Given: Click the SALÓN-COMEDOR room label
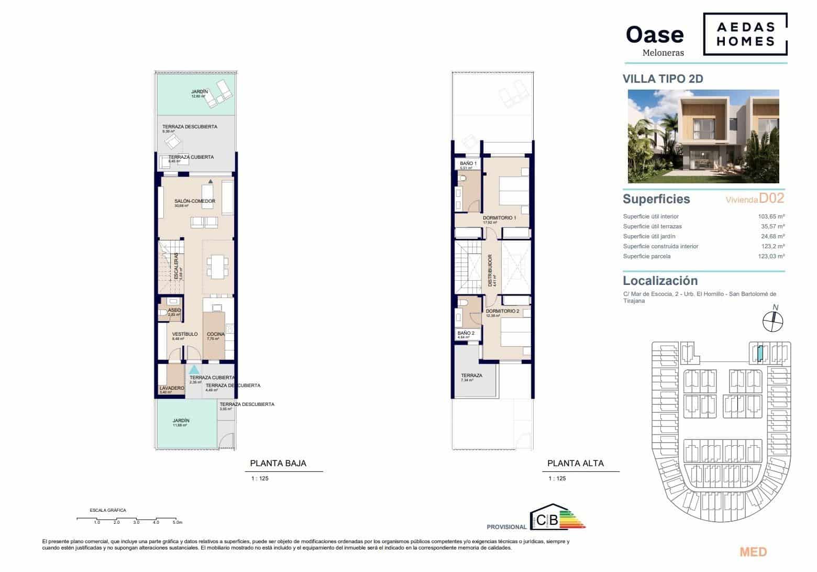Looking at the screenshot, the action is click(195, 201).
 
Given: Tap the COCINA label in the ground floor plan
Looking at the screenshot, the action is click(215, 334).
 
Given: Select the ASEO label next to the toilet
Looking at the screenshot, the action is click(174, 310).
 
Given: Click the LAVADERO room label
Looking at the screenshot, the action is click(172, 388).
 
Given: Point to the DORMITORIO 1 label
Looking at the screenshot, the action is click(499, 218).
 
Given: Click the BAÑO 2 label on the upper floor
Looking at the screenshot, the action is click(466, 333).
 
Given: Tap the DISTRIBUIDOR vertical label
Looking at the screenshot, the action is click(490, 270).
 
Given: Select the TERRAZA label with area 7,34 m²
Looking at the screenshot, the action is click(471, 376).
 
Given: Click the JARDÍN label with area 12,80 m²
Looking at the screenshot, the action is click(200, 92).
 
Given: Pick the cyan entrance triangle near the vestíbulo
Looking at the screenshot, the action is click(194, 369).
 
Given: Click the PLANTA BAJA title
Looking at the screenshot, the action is click(278, 463).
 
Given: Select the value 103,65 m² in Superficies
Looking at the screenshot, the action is click(771, 216).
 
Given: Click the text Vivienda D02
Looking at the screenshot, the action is click(754, 199).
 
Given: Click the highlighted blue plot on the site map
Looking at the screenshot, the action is click(759, 354).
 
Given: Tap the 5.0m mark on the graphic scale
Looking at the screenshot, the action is click(177, 522).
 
